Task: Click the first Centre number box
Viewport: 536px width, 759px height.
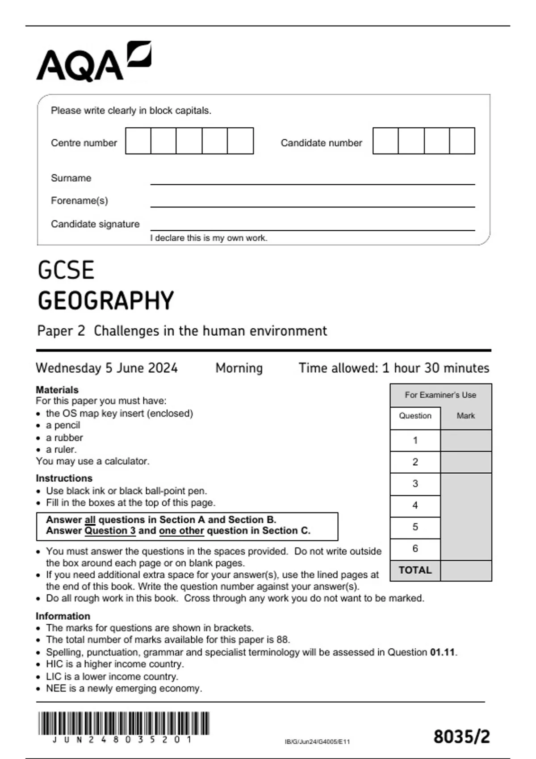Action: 138,141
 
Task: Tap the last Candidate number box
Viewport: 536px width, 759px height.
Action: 462,141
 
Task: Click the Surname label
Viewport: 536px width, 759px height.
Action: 71,178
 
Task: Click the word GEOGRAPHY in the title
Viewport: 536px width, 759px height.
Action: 106,300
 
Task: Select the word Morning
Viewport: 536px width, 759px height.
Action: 239,368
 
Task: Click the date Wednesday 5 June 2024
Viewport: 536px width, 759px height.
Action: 107,368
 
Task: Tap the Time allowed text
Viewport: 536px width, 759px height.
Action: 394,368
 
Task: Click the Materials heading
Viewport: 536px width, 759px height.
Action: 57,390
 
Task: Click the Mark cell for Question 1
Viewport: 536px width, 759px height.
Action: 466,441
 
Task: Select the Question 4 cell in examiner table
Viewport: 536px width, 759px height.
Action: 415,505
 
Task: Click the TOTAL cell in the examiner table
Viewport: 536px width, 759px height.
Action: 415,570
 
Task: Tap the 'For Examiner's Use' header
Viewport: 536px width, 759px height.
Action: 440,395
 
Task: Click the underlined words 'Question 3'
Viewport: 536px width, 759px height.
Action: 110,531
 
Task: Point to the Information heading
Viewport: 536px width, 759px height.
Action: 63,616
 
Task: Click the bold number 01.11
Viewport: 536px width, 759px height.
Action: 443,652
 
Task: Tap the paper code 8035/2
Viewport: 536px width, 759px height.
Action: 461,737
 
